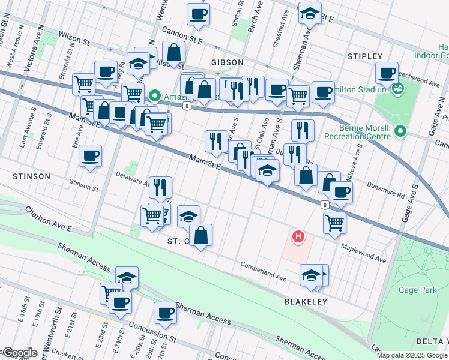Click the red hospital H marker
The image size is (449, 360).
coord(297,238)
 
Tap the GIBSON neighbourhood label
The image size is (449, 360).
coord(227,62)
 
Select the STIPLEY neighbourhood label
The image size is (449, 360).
coord(365,56)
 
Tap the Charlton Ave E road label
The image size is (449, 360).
coord(48,220)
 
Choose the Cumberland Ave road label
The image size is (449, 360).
coord(264,271)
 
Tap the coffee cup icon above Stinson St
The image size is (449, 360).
coord(91,156)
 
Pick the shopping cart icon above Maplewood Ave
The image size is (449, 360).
coord(334,222)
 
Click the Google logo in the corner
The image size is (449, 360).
coord(19,353)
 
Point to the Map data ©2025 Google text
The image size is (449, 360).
coord(412,355)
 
